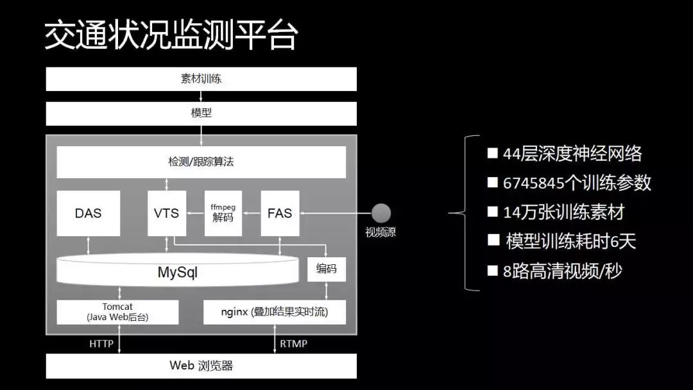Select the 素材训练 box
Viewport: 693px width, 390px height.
click(x=201, y=80)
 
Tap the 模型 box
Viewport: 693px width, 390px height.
click(x=201, y=114)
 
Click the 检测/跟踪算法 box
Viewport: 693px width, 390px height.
click(x=201, y=162)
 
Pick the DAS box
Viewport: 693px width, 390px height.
click(x=88, y=213)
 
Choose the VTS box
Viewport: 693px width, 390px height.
click(x=167, y=213)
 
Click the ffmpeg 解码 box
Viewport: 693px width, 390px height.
click(x=223, y=213)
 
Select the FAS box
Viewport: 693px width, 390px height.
click(x=280, y=213)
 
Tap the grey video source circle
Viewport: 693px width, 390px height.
click(x=381, y=213)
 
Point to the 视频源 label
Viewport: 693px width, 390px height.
click(x=381, y=232)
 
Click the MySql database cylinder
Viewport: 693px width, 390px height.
click(x=178, y=272)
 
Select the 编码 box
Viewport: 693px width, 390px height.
click(x=326, y=269)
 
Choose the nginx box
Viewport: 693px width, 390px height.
click(x=274, y=312)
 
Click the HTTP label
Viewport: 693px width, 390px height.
click(x=101, y=344)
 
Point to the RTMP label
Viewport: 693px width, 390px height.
click(x=294, y=344)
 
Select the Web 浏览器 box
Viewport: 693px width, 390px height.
click(x=201, y=366)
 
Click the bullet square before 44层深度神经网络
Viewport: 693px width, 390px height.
click(x=493, y=153)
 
